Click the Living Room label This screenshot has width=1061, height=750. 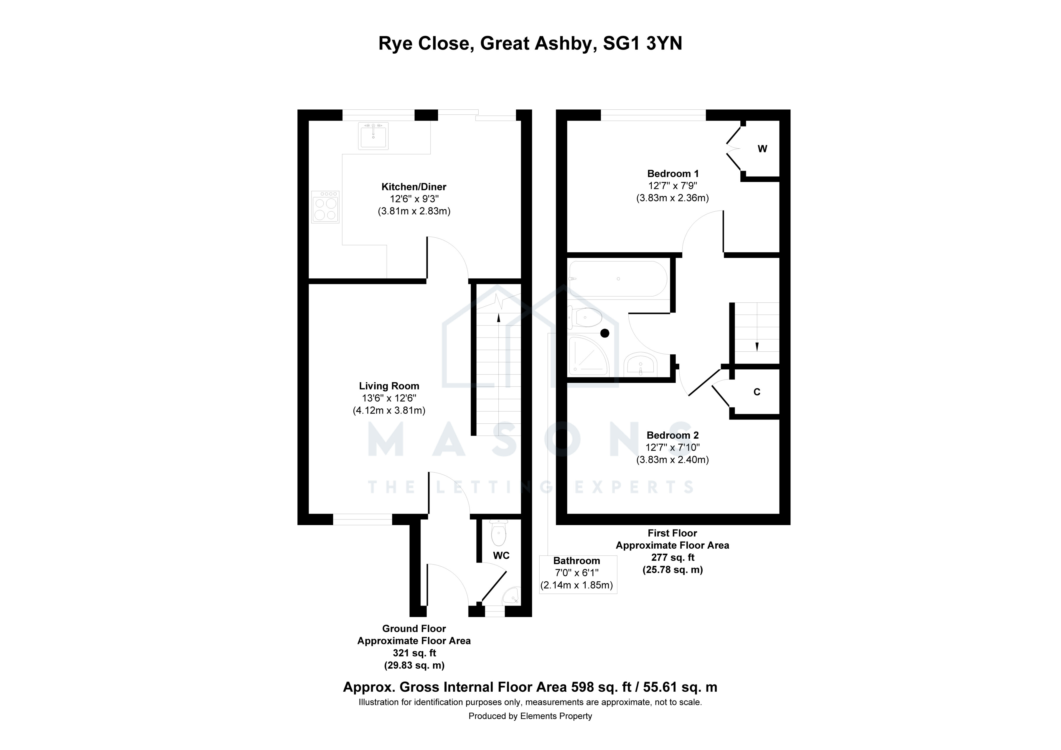pyautogui.click(x=389, y=386)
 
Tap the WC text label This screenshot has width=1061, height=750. pyautogui.click(x=501, y=555)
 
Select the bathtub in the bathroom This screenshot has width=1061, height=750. pyautogui.click(x=618, y=279)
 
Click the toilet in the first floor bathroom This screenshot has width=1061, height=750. pyautogui.click(x=584, y=318)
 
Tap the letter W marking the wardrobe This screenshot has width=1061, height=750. pyautogui.click(x=762, y=149)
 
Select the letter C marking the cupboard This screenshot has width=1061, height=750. pyautogui.click(x=757, y=392)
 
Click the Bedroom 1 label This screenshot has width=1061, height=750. pyautogui.click(x=673, y=174)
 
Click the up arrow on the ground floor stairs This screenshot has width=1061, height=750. pyautogui.click(x=498, y=318)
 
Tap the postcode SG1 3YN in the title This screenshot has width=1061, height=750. pyautogui.click(x=643, y=43)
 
